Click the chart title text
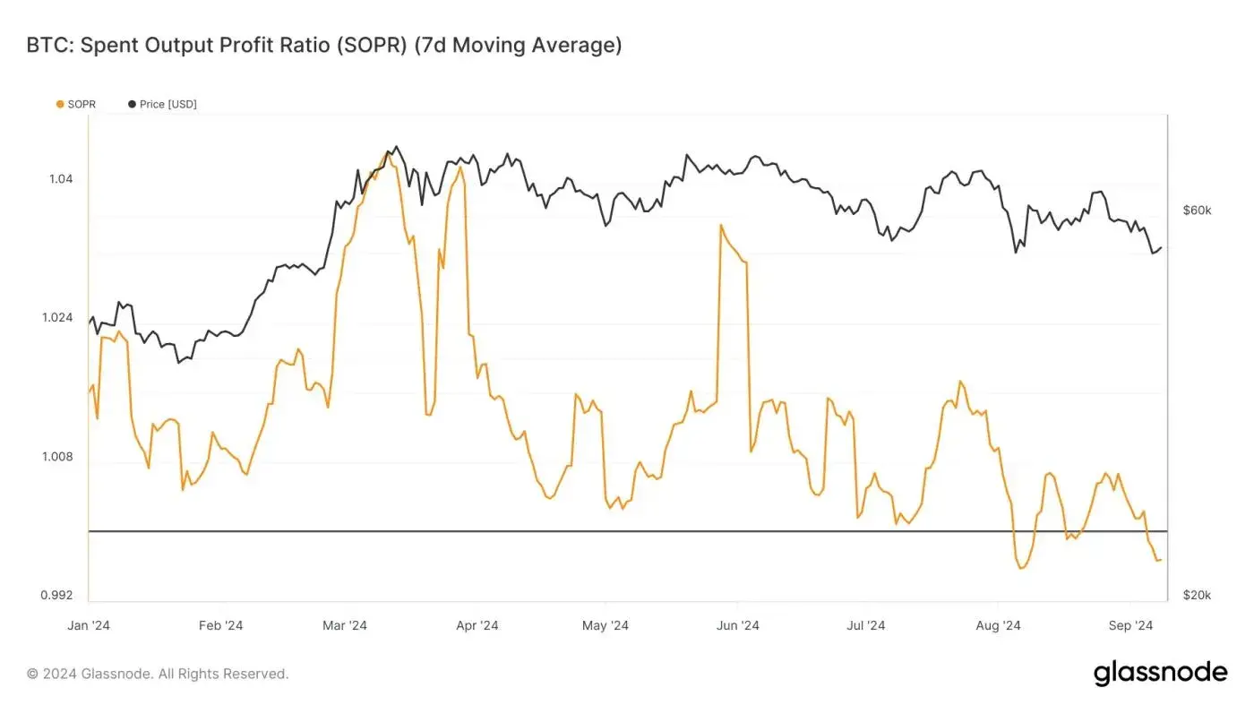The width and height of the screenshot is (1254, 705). click(324, 45)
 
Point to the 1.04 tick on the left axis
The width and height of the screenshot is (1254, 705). click(61, 179)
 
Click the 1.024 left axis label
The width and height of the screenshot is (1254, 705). click(57, 318)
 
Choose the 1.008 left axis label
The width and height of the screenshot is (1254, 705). click(57, 457)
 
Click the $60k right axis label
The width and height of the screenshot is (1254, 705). click(1197, 211)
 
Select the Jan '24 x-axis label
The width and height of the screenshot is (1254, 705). click(89, 625)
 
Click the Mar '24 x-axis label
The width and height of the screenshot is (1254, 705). click(345, 625)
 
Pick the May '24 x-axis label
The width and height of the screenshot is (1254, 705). click(606, 625)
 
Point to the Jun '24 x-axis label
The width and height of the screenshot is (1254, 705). click(739, 625)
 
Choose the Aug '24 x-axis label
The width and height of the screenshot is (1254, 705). click(998, 625)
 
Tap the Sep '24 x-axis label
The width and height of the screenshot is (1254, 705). click(1131, 625)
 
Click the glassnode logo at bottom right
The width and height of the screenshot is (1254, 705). click(1160, 673)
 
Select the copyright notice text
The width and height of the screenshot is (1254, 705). click(158, 674)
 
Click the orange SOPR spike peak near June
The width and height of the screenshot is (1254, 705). click(720, 225)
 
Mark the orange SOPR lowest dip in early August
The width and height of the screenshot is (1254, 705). click(1020, 568)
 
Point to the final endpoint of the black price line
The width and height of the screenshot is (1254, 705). click(1162, 247)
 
